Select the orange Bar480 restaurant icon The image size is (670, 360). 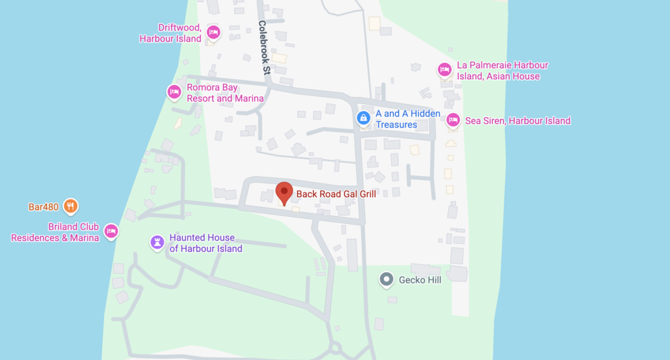click(71, 207)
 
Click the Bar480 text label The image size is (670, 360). click(44, 207)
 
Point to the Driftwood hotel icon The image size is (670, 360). click(213, 32)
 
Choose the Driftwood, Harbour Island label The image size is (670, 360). click(171, 33)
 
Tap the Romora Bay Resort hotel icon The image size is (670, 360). click(175, 92)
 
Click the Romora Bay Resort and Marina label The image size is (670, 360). click(225, 93)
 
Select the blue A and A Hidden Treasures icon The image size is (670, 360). click(362, 118)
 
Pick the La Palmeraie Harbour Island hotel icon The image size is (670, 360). click(444, 69)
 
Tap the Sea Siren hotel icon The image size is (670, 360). click(453, 120)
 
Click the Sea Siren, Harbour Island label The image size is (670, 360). click(518, 120)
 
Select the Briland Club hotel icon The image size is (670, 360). click(111, 231)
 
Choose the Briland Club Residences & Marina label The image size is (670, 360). click(55, 232)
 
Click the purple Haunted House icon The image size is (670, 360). click(157, 242)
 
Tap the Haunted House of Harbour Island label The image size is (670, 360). click(205, 243)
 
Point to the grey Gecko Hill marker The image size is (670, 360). click(387, 280)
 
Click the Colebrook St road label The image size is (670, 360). click(264, 46)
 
